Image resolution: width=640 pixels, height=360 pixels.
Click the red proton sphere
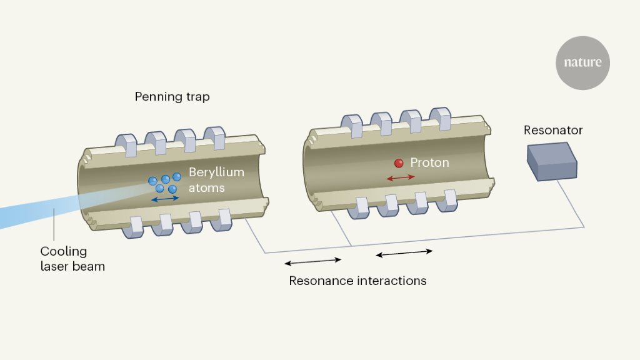click(x=399, y=164)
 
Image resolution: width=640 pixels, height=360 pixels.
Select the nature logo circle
click(x=582, y=63)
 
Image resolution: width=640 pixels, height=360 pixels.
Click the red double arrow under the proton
click(x=401, y=178)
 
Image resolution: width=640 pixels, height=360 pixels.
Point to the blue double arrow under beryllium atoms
click(x=165, y=198)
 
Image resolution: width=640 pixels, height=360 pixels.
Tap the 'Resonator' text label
click(x=553, y=131)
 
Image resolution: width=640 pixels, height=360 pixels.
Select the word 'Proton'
click(x=429, y=163)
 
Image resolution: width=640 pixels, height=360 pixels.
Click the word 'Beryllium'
click(x=216, y=172)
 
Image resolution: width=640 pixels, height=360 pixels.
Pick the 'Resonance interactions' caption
click(x=357, y=281)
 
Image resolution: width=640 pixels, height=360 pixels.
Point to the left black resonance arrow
click(x=312, y=261)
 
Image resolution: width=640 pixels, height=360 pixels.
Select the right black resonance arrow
click(x=404, y=252)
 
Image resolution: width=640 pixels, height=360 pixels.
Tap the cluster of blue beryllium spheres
click(x=164, y=182)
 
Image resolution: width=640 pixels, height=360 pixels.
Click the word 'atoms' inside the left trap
click(x=206, y=187)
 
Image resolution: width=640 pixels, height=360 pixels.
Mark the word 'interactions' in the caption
click(x=392, y=281)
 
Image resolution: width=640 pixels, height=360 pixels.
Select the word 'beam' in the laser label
click(x=90, y=267)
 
